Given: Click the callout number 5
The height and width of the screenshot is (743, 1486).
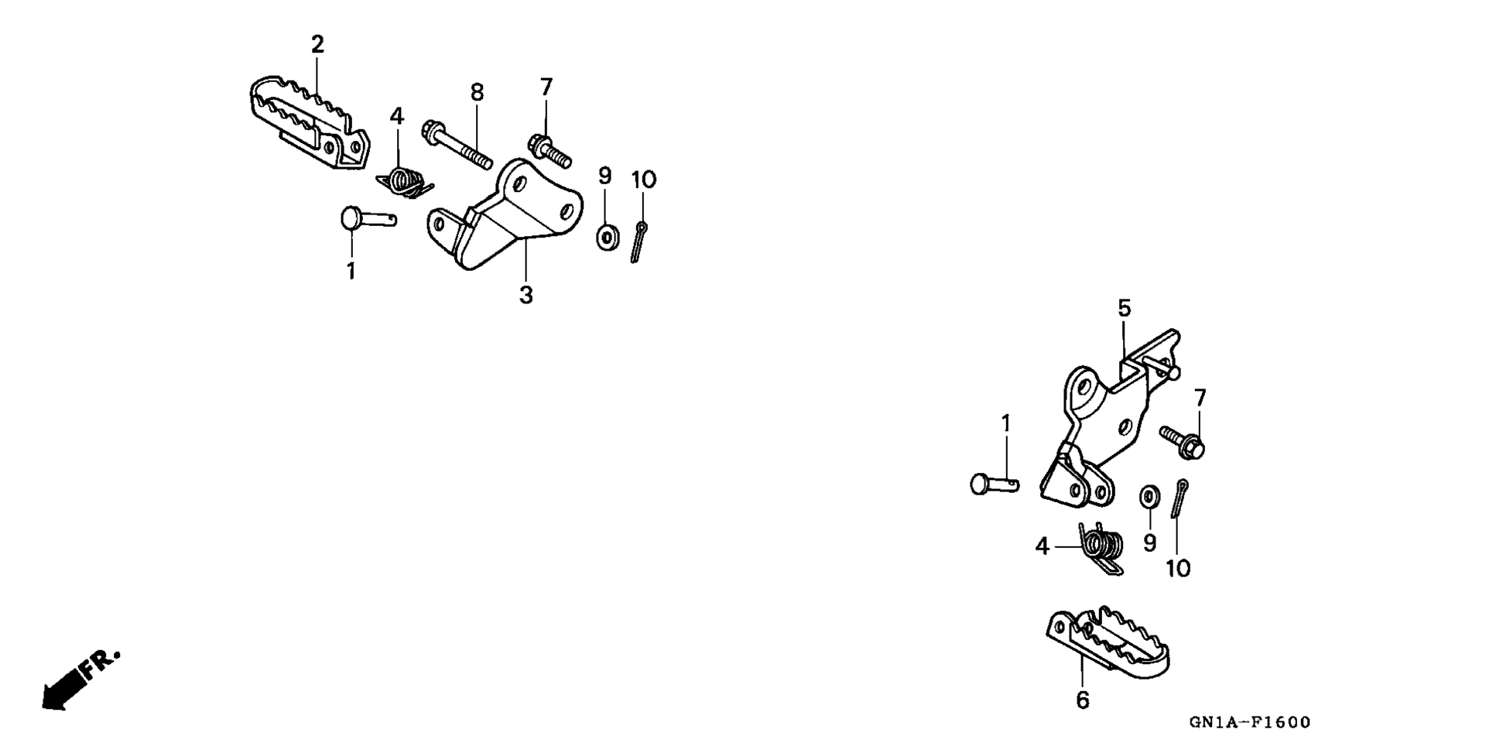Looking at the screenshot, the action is (1124, 308).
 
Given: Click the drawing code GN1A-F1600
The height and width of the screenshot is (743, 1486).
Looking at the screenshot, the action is (1250, 722).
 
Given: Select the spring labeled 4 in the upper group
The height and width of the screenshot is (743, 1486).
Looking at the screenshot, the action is (404, 183).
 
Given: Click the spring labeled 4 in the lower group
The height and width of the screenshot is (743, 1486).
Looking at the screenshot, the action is (1101, 548).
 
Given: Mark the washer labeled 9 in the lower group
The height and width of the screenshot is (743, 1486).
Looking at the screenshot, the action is (1149, 496).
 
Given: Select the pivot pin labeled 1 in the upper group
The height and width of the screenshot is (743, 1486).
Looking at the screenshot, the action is (368, 217).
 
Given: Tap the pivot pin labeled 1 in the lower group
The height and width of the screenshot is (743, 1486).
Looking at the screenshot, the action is (995, 484).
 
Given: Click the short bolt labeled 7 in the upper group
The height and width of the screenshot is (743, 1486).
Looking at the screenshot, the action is (549, 150).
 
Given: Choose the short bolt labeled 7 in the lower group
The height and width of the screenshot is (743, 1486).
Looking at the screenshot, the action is (1183, 440).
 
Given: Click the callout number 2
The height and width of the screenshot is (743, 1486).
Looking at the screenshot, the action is (317, 44).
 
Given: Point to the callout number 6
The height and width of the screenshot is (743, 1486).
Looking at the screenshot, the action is (1083, 700).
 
